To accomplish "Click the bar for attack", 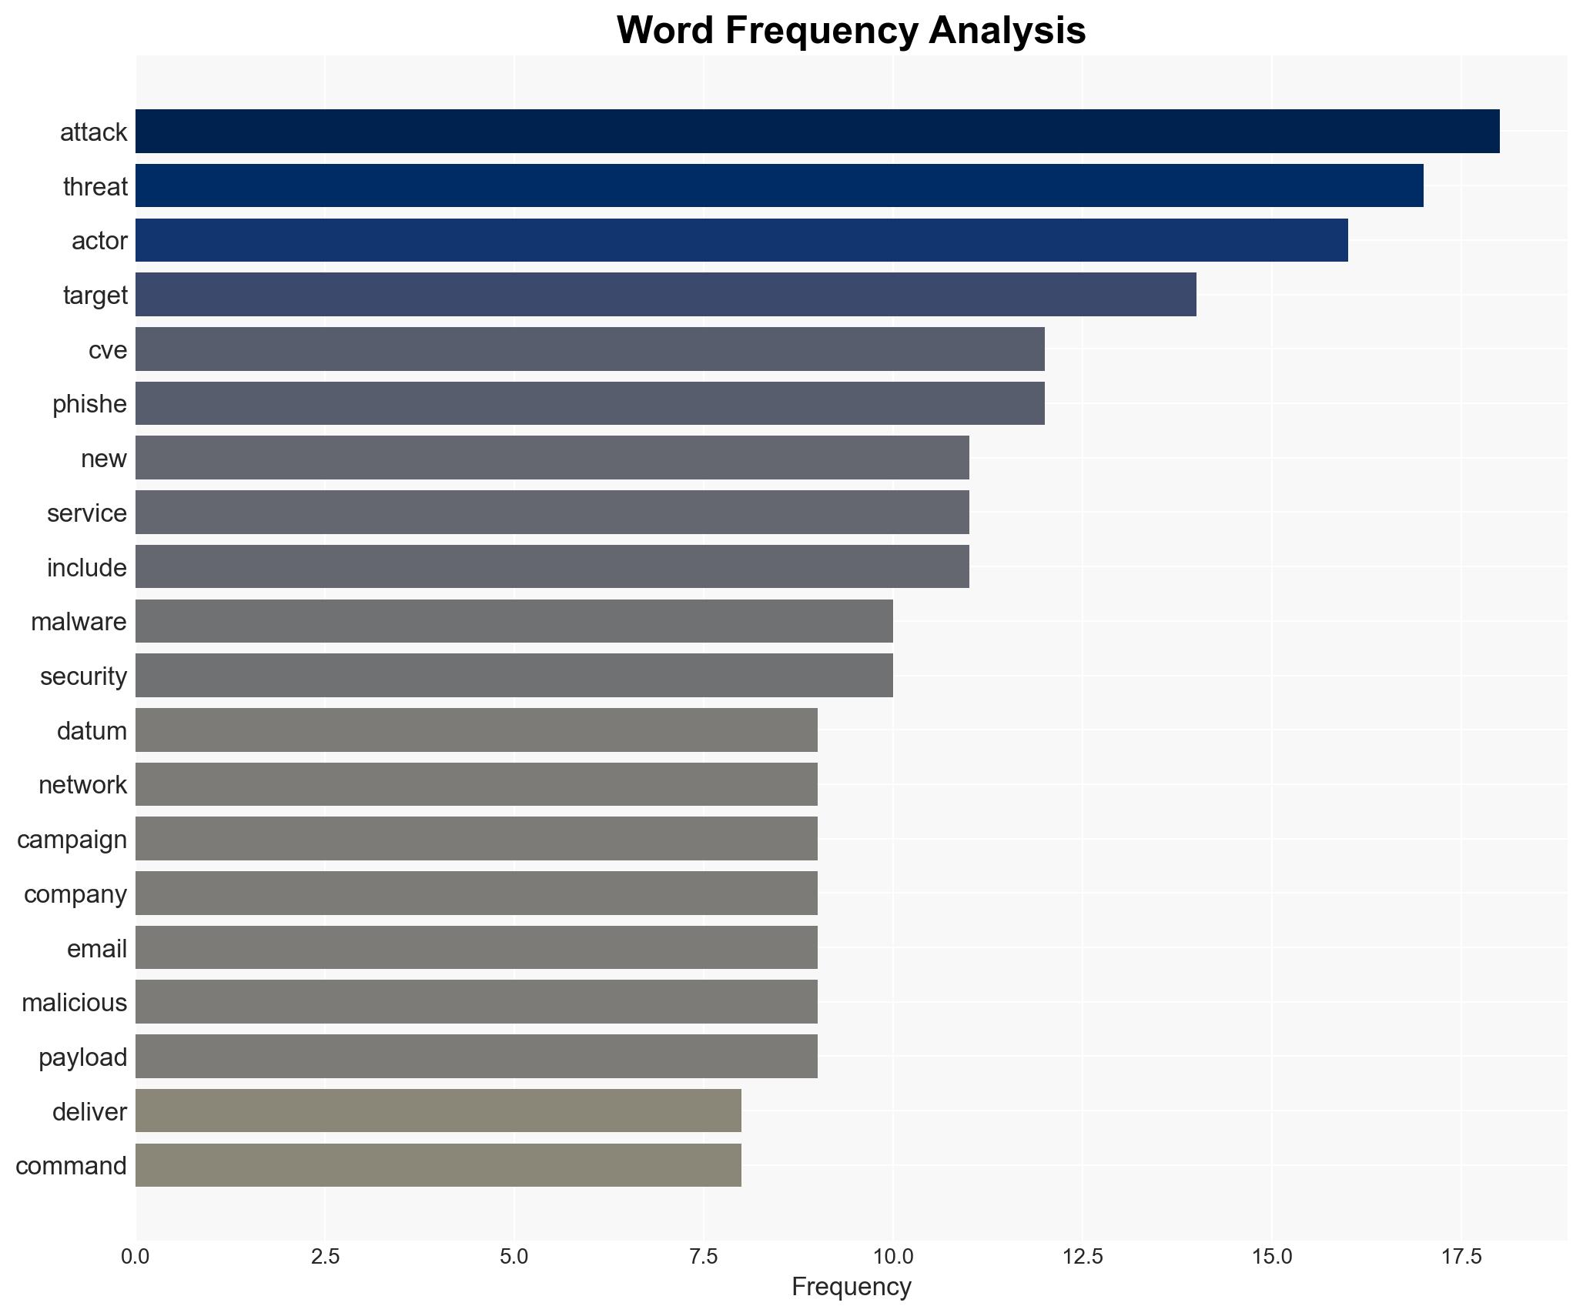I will (x=817, y=132).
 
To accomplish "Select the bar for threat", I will (x=779, y=186).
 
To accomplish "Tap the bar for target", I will (x=665, y=295).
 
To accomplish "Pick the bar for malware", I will (x=514, y=621).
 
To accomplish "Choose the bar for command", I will (x=438, y=1165).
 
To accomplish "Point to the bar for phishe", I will (x=590, y=403).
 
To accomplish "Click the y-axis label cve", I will (x=107, y=350).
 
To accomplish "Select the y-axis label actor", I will (x=99, y=241).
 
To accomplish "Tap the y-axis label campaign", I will (x=72, y=840).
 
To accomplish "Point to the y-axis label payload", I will (x=82, y=1057).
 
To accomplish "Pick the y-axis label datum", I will (x=92, y=731).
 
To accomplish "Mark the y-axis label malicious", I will (x=74, y=1003).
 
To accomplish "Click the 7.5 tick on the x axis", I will (x=703, y=1257).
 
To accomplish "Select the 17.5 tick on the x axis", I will (x=1461, y=1257).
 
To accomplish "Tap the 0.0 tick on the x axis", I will (x=136, y=1257).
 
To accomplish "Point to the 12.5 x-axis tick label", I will (x=1082, y=1257).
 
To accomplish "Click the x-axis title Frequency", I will (x=851, y=1287).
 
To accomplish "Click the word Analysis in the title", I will (x=1007, y=31).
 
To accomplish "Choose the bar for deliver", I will (x=438, y=1111).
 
